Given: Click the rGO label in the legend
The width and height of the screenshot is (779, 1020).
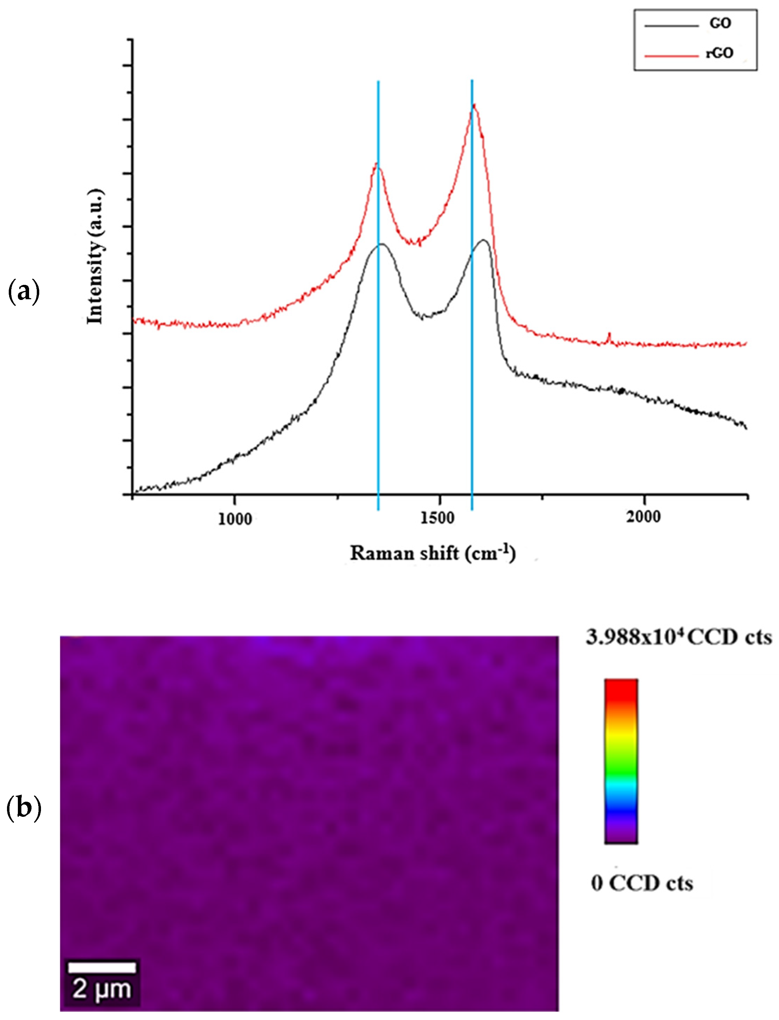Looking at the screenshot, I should click(720, 53).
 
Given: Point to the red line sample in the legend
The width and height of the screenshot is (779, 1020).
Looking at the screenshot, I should click(671, 56).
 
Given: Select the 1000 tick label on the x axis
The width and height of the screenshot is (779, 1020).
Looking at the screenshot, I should click(235, 518).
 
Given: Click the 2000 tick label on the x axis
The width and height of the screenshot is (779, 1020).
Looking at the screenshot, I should click(643, 516).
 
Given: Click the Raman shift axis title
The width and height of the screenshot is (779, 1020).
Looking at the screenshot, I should click(432, 553).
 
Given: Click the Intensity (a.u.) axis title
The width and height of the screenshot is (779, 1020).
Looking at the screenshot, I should click(95, 256).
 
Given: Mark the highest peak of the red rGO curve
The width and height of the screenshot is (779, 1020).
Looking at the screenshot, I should click(474, 105).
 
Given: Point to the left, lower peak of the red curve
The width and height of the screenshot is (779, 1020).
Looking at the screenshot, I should click(377, 164).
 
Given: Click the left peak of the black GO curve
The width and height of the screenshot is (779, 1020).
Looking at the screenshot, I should click(381, 244).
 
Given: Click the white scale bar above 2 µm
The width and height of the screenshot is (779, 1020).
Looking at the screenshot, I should click(102, 967).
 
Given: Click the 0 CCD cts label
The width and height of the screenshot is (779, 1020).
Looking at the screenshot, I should click(642, 883).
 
